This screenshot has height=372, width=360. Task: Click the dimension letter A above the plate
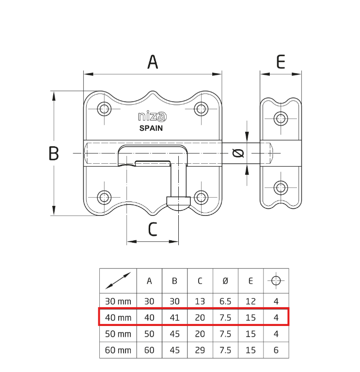coord(153,62)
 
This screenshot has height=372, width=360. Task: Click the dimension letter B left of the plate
coord(54,154)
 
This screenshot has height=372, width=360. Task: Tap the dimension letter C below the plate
coord(153,229)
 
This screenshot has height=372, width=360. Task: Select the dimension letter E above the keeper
coord(281,62)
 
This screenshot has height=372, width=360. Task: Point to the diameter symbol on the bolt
coord(237,154)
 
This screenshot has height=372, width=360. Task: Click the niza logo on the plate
coord(152,117)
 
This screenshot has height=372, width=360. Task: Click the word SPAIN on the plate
coord(151,128)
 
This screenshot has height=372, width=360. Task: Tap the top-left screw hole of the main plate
coord(104,108)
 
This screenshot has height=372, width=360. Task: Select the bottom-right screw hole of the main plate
coord(201,197)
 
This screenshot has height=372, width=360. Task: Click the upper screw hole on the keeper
coord(281,118)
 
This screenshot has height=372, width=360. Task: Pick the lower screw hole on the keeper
coord(281,187)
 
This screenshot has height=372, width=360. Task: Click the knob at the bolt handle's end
coord(178,202)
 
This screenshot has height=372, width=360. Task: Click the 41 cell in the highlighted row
coord(174,318)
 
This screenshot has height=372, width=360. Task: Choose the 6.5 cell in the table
coord(225,301)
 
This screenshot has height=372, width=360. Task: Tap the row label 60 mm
coord(118,350)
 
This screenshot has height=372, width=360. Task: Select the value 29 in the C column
coord(200,350)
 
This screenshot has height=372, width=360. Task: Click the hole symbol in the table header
coord(276,280)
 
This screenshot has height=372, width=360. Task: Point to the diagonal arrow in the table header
coord(118,280)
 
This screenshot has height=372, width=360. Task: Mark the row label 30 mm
coord(118,301)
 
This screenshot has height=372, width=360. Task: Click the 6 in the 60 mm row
coord(276,350)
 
